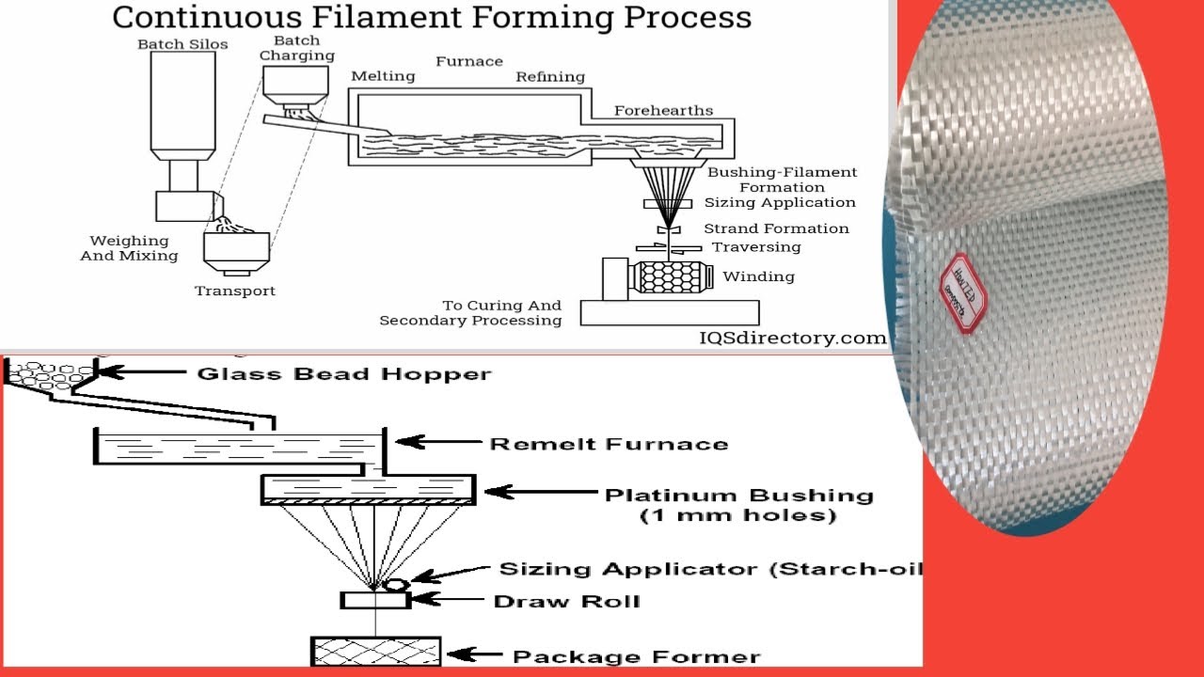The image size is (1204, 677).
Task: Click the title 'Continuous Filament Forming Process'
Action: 432,17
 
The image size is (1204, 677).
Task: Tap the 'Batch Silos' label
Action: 182,44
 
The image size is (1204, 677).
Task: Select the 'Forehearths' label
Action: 663,110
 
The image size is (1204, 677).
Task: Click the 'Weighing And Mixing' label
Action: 129,248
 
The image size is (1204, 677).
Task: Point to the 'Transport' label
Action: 235,291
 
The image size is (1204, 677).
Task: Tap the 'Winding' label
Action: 758,276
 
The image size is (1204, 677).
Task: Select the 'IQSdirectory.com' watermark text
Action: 792,338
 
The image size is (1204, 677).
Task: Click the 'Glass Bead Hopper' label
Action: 343,374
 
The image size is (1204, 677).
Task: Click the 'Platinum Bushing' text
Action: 738,495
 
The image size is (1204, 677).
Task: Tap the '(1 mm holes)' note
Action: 737,515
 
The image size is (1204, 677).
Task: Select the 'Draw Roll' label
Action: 566,601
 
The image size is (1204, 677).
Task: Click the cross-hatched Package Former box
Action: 376,650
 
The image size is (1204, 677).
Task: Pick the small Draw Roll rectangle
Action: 375,600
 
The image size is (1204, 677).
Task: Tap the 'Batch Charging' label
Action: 297,48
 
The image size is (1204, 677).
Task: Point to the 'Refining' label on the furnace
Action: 550,77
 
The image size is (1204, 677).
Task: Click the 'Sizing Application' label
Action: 780,202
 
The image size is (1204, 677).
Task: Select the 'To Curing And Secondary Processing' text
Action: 470,313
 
